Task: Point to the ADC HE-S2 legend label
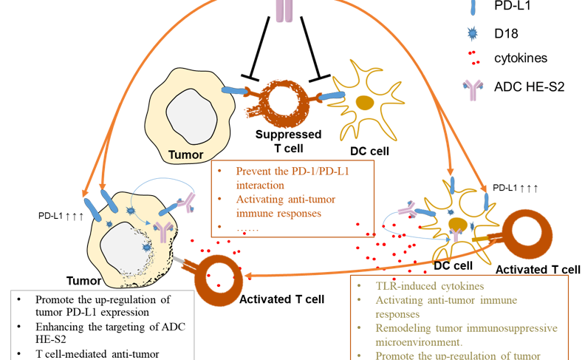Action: [529, 86]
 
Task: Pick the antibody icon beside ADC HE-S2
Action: [472, 87]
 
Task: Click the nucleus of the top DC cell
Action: [365, 103]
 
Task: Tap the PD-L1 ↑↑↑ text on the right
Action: [516, 188]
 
